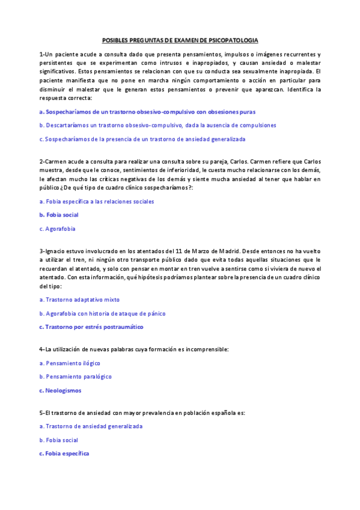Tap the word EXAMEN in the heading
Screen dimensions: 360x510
[170, 40]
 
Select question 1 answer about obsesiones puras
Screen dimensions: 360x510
[147, 112]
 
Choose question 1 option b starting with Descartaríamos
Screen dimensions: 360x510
[157, 126]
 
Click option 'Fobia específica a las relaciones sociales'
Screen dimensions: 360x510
[96, 201]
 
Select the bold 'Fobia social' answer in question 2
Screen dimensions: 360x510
[59, 215]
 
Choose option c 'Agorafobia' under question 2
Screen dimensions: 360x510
[57, 229]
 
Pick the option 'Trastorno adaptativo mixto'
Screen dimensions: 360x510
[79, 300]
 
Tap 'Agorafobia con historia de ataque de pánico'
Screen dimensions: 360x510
[102, 313]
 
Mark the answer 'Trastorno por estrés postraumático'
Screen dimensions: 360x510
[91, 327]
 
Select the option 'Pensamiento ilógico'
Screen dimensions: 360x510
[70, 363]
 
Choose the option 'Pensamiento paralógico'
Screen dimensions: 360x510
[75, 377]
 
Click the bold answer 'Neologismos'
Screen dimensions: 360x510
[60, 391]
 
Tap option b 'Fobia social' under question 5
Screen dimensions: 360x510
[58, 440]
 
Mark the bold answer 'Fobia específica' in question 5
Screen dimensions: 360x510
[64, 453]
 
